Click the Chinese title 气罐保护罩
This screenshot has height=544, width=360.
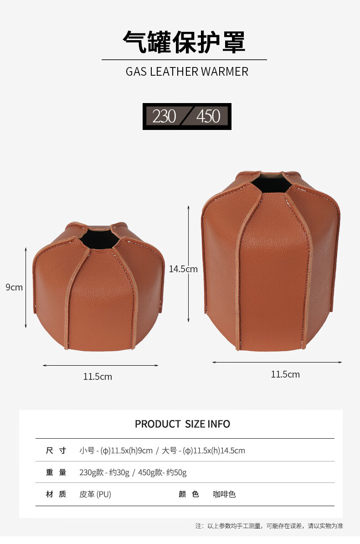(184, 42)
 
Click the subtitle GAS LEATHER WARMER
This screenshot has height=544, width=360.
(187, 72)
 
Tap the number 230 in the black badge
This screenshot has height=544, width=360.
(164, 116)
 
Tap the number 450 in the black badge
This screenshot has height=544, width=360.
(208, 116)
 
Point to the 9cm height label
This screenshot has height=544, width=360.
(14, 287)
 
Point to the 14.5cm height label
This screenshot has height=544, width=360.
(183, 269)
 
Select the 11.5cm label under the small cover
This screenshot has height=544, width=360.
(98, 377)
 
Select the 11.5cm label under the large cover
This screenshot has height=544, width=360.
(285, 374)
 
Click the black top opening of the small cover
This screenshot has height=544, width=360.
(100, 238)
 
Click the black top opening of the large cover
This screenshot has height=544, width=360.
(272, 183)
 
